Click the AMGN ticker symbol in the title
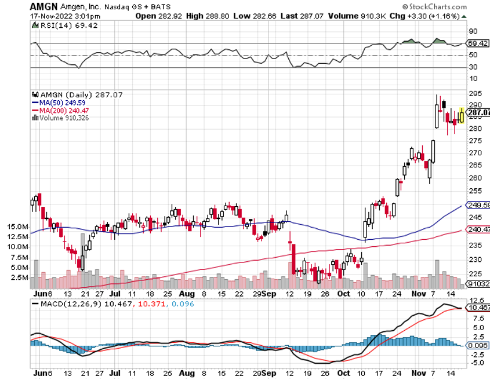click(44, 6)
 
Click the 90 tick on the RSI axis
click(473, 31)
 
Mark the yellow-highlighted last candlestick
click(462, 116)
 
